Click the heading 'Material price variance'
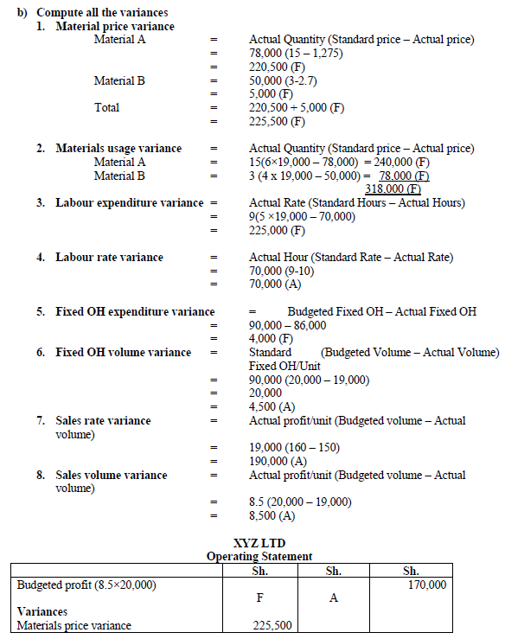coord(114,26)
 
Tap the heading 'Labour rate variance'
coord(109,257)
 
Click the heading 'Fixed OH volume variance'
coord(123,352)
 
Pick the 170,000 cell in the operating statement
coord(426,585)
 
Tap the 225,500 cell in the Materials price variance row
coord(272,625)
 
